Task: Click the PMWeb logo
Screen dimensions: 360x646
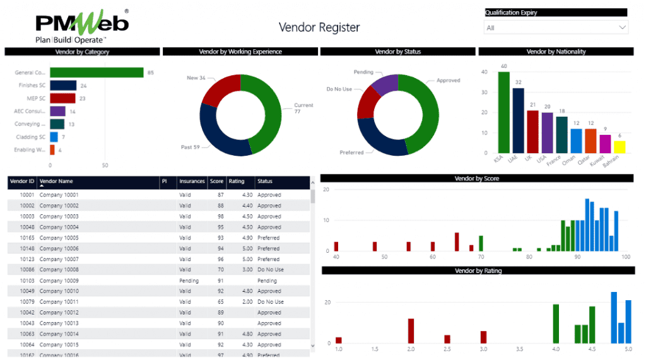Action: point(82,25)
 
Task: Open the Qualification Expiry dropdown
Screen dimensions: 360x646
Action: point(555,28)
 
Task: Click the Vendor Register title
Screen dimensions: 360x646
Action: point(319,27)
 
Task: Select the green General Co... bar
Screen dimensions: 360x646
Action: point(97,73)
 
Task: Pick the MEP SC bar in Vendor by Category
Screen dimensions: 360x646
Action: point(62,98)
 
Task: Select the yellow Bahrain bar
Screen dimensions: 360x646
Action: point(620,148)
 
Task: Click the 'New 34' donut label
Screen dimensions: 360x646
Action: point(197,78)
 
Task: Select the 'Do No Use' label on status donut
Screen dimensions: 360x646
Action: point(339,90)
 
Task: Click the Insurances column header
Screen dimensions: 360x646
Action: point(192,181)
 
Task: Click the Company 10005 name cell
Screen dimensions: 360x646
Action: point(59,238)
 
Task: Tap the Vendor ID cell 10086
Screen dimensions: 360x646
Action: point(26,270)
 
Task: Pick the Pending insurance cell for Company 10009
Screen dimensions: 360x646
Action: point(189,281)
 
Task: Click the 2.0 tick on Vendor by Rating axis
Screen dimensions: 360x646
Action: point(411,349)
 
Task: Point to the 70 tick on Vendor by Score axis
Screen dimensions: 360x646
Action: point(481,257)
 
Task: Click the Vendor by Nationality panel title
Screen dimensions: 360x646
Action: point(555,52)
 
